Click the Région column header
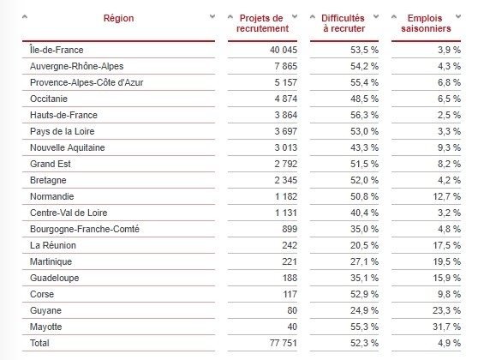[118, 18]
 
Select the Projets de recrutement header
[262, 23]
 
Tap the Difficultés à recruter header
[344, 23]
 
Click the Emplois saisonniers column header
[426, 23]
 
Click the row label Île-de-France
[57, 50]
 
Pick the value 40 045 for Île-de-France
[283, 50]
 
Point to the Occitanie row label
[49, 99]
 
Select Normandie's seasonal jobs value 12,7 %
[446, 196]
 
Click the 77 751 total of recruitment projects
[283, 343]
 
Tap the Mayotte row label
[45, 327]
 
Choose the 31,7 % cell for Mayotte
[446, 327]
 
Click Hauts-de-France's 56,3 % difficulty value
[364, 115]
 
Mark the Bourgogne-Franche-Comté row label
[85, 229]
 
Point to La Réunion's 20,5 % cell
[364, 245]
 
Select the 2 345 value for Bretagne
[285, 180]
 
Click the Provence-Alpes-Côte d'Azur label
[87, 82]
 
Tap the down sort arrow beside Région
[212, 16]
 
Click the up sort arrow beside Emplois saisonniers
[394, 16]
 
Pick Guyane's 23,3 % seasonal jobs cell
[446, 310]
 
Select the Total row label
[39, 343]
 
